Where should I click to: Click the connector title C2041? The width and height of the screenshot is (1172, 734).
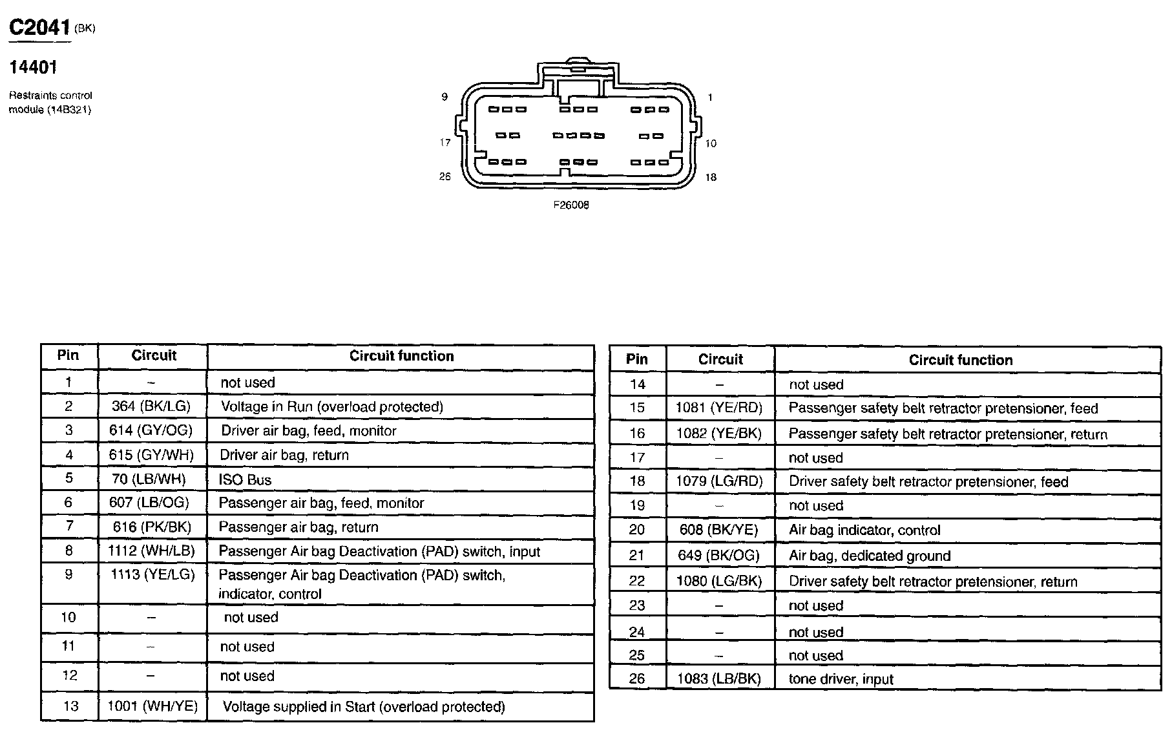39,27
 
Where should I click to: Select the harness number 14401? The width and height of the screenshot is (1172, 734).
33,67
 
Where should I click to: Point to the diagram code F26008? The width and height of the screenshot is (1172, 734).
570,205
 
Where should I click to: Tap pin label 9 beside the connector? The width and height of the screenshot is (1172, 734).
445,97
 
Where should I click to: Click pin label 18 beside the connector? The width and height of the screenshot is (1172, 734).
711,177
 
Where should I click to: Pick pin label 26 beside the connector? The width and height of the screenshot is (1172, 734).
445,176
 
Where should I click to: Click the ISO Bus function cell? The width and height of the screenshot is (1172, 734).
246,479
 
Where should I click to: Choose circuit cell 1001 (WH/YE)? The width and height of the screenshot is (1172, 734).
152,706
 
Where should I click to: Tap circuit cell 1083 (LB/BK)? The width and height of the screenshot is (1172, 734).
718,679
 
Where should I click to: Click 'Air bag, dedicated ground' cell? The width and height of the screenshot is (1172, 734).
869,556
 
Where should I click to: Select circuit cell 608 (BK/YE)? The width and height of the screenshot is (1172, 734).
718,530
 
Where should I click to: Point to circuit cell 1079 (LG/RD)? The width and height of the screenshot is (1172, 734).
718,481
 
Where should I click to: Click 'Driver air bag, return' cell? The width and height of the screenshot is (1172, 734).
284,455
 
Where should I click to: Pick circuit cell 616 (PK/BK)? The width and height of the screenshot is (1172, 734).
152,527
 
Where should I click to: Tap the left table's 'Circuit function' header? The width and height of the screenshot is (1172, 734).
401,356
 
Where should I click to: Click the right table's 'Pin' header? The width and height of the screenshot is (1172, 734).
636,359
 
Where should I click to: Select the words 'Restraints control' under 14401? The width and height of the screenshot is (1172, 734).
50,96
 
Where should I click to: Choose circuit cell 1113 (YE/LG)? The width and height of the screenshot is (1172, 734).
152,574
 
